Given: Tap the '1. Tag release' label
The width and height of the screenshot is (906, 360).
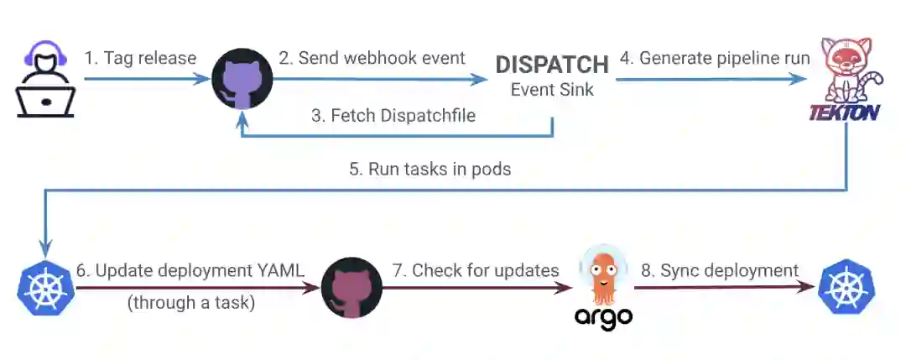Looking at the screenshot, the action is tap(140, 58).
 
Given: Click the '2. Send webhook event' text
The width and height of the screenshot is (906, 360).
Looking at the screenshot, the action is tap(372, 58).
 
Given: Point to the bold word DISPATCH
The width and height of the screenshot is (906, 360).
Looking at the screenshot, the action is tap(552, 65).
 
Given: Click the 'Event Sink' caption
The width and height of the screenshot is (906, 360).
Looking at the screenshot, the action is tap(552, 89).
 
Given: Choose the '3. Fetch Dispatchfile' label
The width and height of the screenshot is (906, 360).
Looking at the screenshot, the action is tap(393, 116).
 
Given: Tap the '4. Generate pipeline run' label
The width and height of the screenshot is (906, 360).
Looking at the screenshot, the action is tap(715, 58).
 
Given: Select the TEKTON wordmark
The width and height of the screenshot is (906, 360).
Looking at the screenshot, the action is tap(844, 111).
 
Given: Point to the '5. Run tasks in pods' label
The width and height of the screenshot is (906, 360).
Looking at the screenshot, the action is tap(430, 168).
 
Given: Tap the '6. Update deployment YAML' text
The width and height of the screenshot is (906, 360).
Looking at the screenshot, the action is tap(190, 270).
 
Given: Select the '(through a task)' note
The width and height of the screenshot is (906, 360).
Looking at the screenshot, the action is tap(190, 302).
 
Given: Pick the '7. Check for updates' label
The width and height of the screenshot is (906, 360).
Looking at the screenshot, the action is tap(475, 270).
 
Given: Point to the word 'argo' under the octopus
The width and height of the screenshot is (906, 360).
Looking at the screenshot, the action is tap(603, 317).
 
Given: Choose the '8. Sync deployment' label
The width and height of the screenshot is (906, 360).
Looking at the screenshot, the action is tap(718, 270).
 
